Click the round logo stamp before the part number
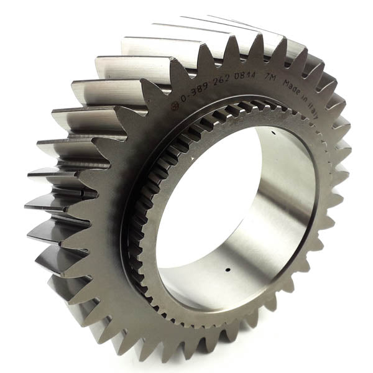[x=175, y=105]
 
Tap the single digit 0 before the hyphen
[x=183, y=98]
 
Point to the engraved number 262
[x=221, y=79]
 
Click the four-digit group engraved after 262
[x=245, y=76]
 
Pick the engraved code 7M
[x=270, y=77]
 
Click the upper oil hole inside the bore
[x=274, y=132]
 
